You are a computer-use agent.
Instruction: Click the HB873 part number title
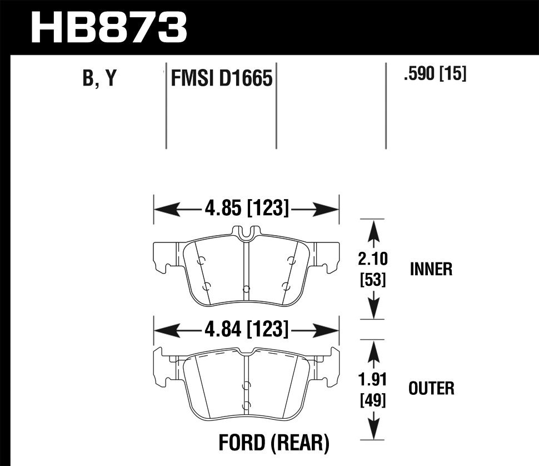point(109,26)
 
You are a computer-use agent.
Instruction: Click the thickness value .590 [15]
point(435,74)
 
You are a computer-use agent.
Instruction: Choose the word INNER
point(431,270)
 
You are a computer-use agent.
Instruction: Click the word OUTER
point(431,388)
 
